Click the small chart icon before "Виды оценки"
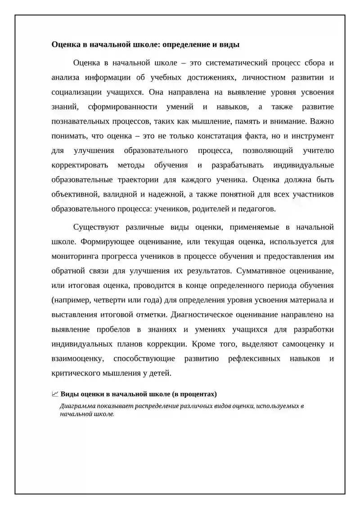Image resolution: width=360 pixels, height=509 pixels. point(55,394)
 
